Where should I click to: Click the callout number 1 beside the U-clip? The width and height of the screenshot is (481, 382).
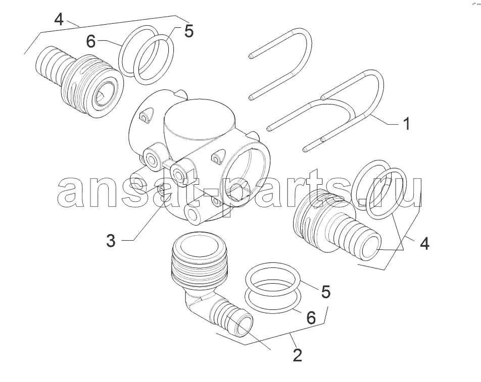(x=406, y=124)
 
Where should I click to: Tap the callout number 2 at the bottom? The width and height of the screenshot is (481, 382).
(x=297, y=355)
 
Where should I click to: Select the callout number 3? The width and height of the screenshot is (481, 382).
(x=111, y=241)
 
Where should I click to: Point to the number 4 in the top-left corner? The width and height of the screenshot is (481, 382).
(x=59, y=20)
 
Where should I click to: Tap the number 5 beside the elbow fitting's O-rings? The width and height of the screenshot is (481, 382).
(x=326, y=292)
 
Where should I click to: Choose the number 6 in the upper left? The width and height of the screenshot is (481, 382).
(x=91, y=42)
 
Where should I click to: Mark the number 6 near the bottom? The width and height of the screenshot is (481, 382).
(x=311, y=318)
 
